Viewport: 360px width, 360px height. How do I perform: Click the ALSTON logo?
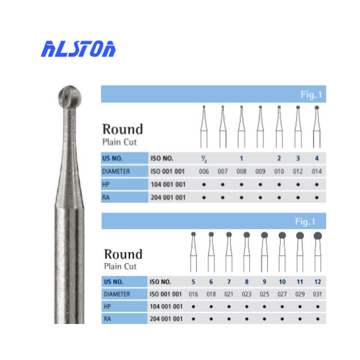tap(79, 49)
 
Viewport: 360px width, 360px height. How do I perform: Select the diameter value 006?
tap(203, 171)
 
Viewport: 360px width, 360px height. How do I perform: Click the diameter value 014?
tap(317, 171)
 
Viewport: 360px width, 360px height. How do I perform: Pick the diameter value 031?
tap(317, 294)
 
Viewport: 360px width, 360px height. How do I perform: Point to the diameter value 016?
tap(193, 294)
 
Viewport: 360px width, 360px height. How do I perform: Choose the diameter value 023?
tap(247, 294)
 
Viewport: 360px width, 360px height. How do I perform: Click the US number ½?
tap(203, 159)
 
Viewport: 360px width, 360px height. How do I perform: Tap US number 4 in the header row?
tap(317, 158)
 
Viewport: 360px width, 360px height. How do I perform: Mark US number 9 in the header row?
tap(264, 282)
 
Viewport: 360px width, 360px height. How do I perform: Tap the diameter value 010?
tap(279, 171)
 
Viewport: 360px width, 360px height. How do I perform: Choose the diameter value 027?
tap(282, 294)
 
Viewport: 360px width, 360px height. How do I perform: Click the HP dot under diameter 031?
tap(317, 307)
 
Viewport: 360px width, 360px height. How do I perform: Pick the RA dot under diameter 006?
tap(203, 197)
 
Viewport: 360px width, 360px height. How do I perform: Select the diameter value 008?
tap(241, 171)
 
